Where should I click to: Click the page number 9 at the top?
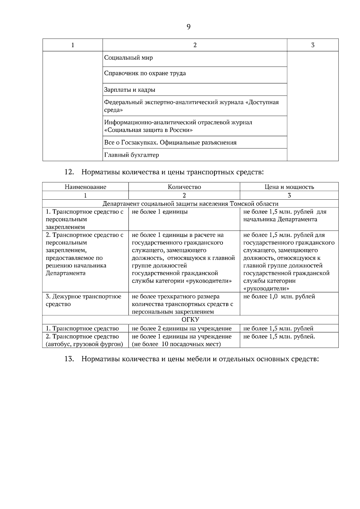(x=188, y=27)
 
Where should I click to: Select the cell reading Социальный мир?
(x=128, y=58)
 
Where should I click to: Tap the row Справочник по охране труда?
(x=145, y=73)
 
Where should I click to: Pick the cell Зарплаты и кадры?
(x=130, y=90)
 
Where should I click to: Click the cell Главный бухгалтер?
(x=131, y=155)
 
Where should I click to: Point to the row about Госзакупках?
(x=170, y=142)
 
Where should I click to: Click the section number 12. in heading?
(x=69, y=172)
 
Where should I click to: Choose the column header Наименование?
(x=85, y=187)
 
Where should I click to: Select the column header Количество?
(x=184, y=187)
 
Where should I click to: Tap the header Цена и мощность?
(x=289, y=187)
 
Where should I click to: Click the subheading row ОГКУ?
(x=190, y=320)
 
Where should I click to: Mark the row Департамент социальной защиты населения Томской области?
(x=190, y=204)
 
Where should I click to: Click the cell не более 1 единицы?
(x=160, y=212)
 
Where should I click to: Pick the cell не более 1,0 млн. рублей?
(x=279, y=296)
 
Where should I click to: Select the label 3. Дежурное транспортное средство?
(x=83, y=300)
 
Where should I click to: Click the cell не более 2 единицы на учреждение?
(x=181, y=329)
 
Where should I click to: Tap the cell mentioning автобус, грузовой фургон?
(x=84, y=344)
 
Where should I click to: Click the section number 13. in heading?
(x=69, y=359)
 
